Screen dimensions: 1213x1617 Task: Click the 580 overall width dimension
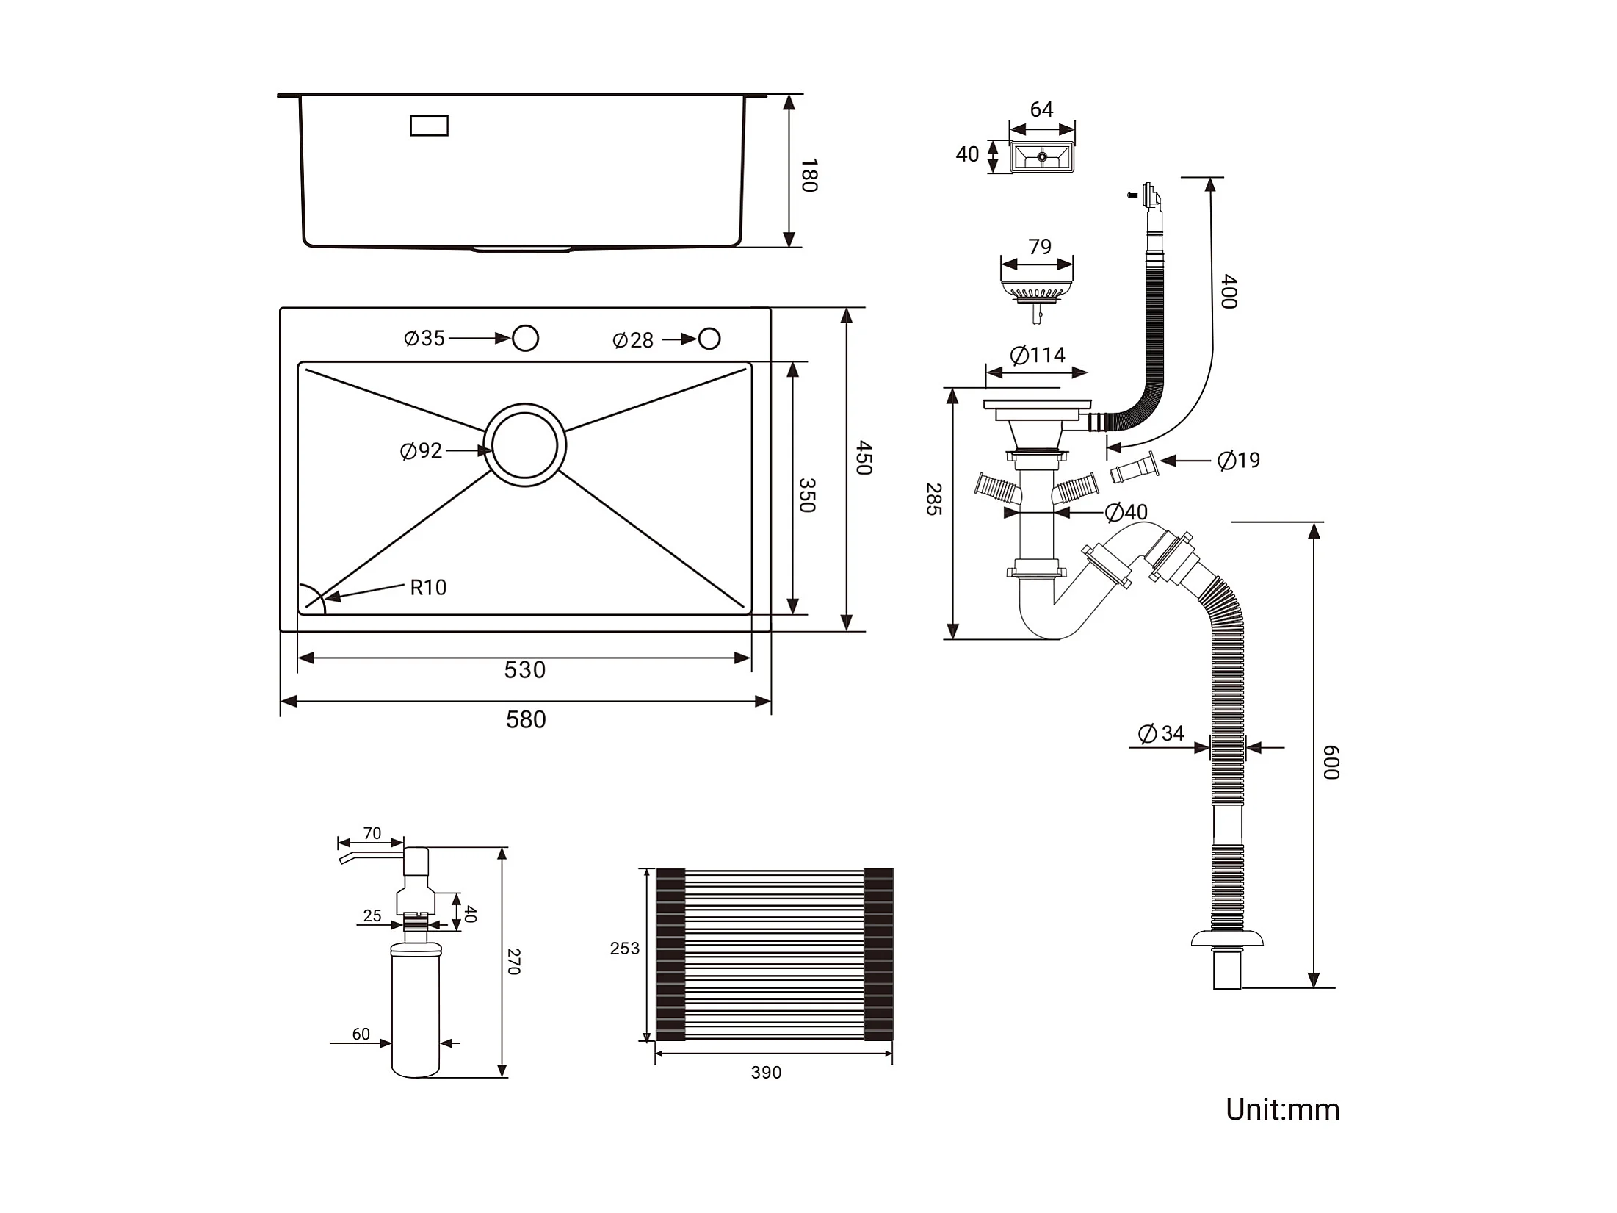(526, 719)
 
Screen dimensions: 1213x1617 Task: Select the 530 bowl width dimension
(524, 670)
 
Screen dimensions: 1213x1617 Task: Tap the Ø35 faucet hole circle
(525, 338)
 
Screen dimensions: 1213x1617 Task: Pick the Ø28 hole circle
(709, 338)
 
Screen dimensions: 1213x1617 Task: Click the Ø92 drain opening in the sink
(525, 445)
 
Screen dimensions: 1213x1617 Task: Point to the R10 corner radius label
(428, 588)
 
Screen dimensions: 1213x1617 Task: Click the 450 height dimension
(864, 458)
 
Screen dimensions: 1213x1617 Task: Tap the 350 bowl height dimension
(806, 494)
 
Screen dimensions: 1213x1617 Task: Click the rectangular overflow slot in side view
(429, 126)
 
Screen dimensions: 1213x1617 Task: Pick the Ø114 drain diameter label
(1038, 356)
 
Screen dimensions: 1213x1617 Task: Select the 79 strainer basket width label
(1040, 247)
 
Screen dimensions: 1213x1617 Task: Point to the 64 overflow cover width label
(1041, 109)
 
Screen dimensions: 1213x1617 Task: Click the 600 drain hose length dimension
(1331, 762)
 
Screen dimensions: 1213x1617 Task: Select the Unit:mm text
(1282, 1109)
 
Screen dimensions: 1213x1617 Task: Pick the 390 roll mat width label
(766, 1073)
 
